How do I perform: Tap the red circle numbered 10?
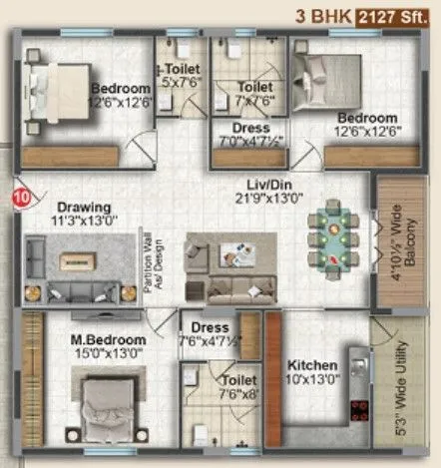point(20,198)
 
